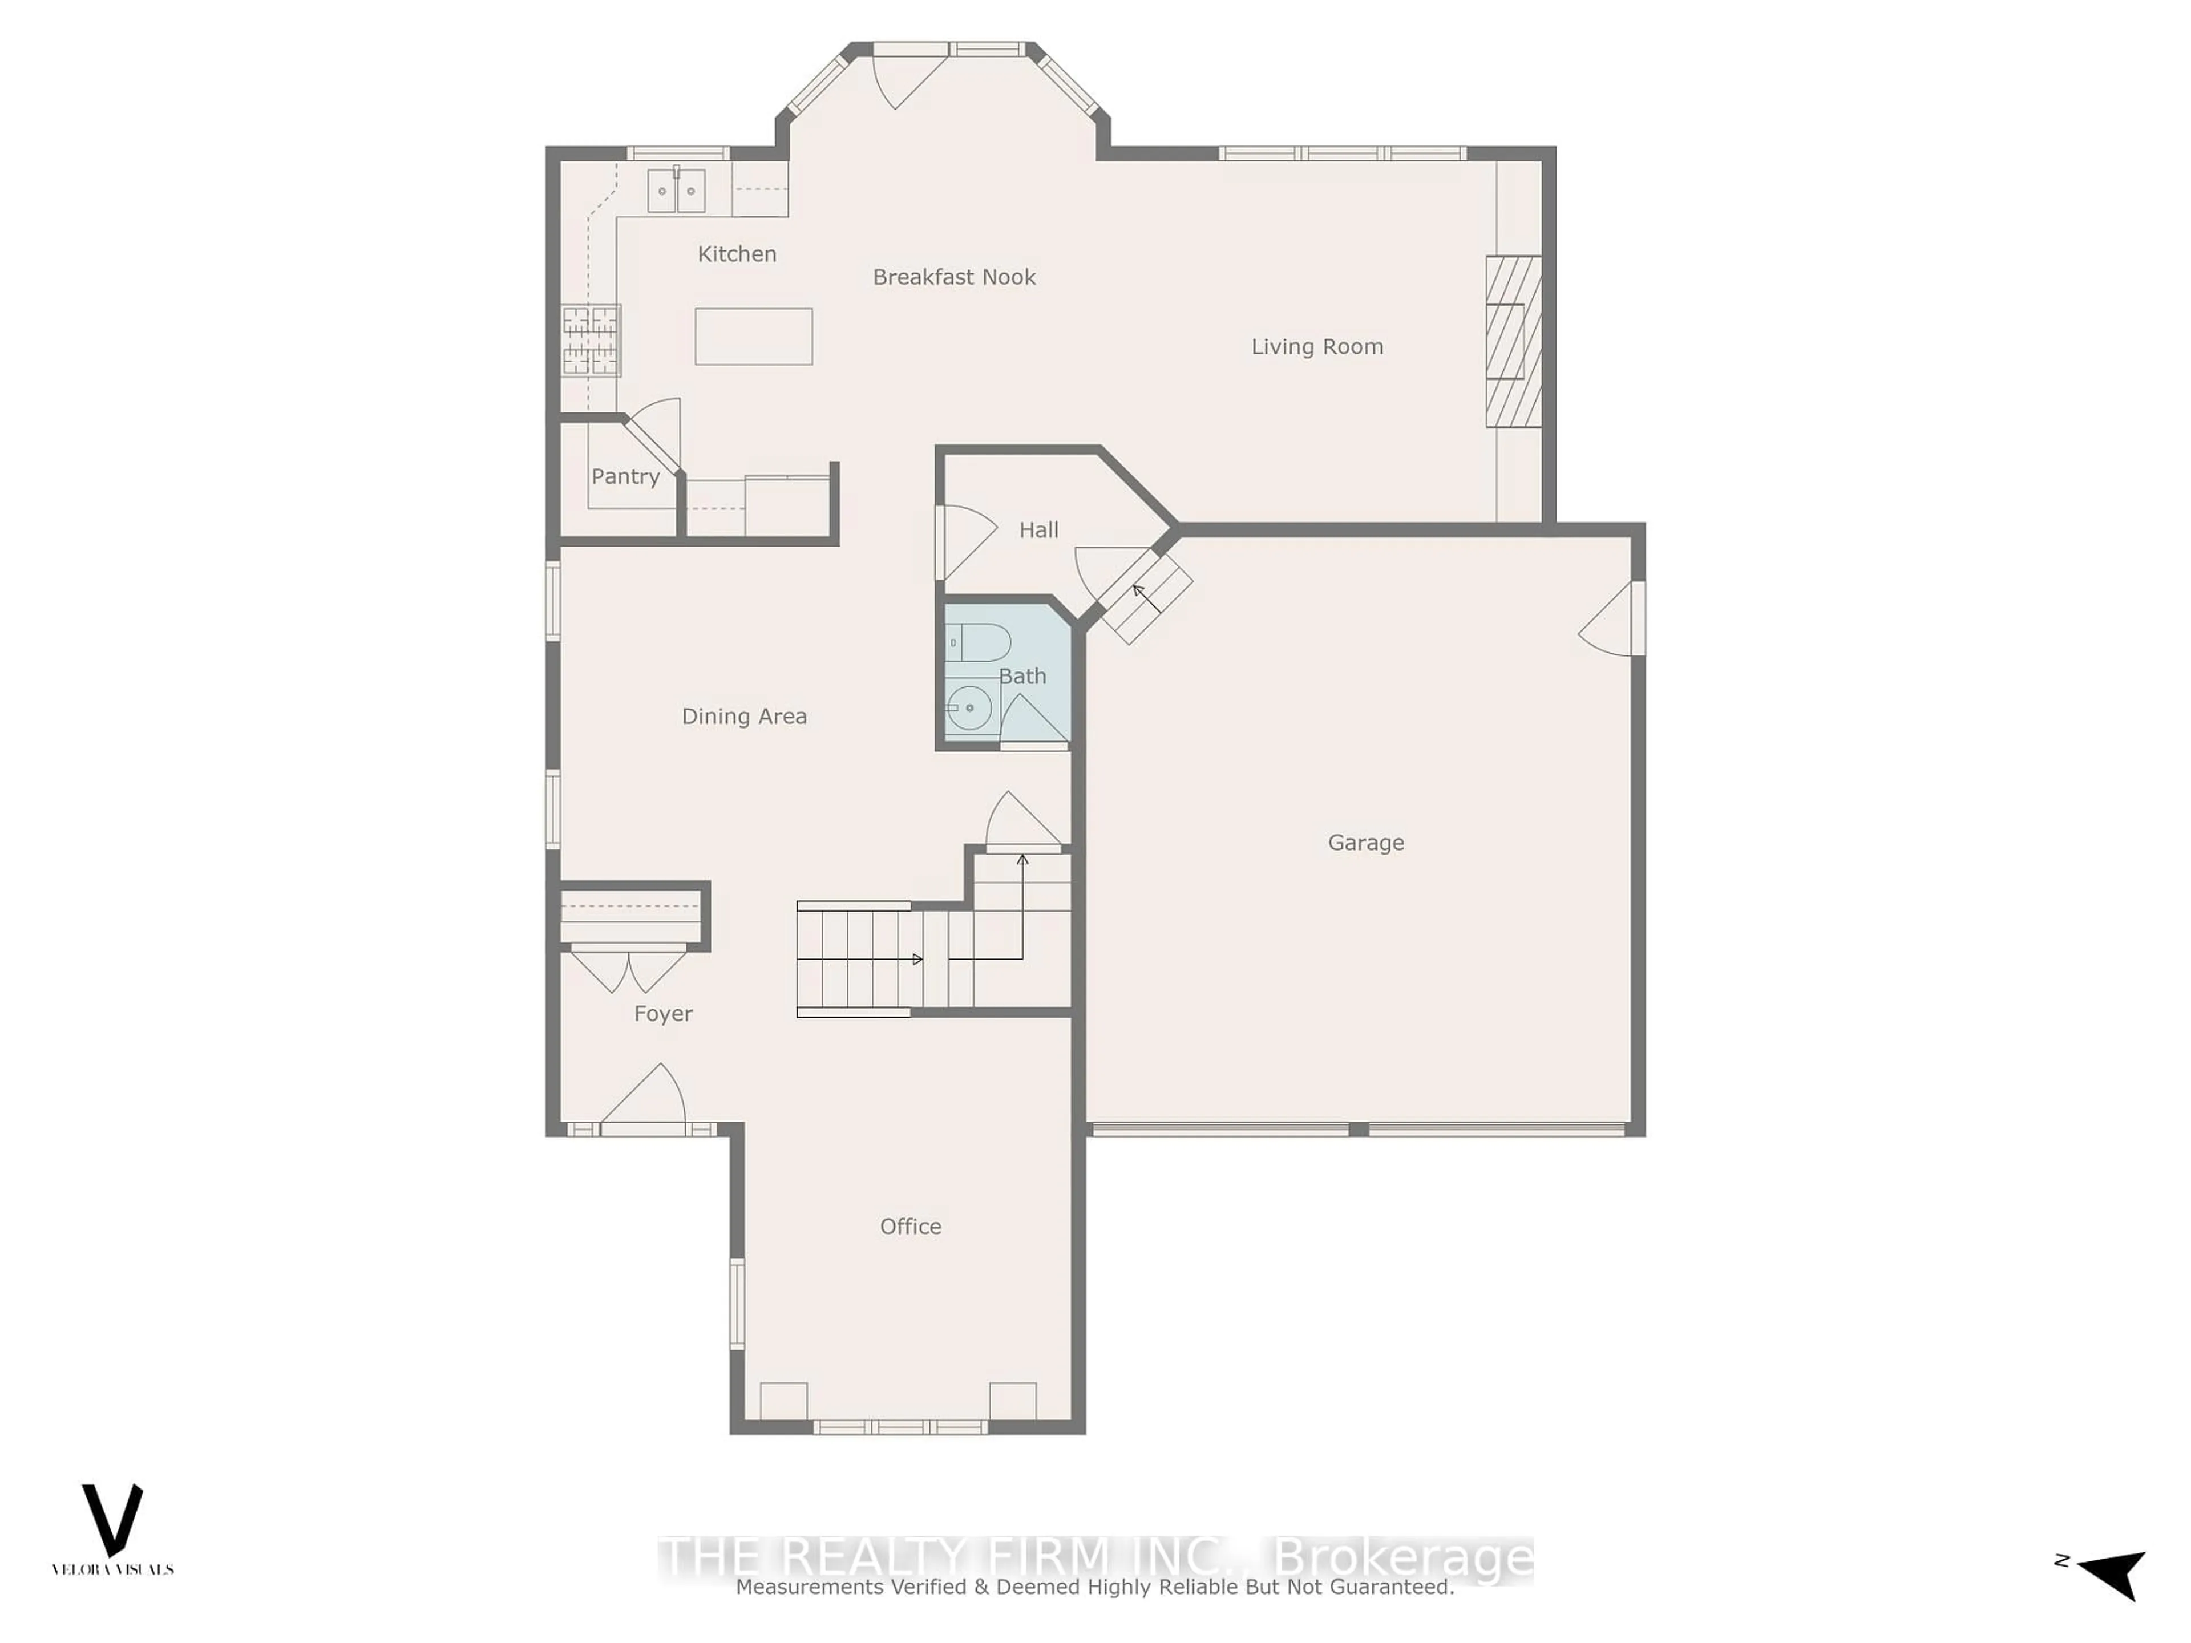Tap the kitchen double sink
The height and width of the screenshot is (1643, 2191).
click(677, 190)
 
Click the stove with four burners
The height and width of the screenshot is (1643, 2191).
click(591, 339)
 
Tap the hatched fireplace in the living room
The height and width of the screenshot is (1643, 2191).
click(1514, 342)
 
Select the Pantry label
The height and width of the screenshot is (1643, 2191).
click(625, 476)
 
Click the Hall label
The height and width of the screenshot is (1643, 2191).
click(1038, 530)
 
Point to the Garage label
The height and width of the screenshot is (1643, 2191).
click(1365, 843)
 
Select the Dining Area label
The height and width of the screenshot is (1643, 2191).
click(744, 716)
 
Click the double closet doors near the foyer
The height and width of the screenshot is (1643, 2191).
click(628, 970)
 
